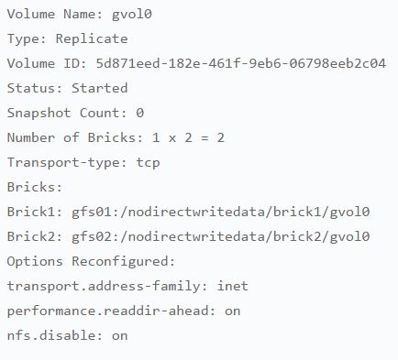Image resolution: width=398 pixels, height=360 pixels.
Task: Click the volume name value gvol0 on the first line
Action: pyautogui.click(x=132, y=15)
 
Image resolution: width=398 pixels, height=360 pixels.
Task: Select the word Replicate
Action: pyautogui.click(x=92, y=38)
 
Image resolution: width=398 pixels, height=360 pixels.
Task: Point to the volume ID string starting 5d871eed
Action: pyautogui.click(x=241, y=63)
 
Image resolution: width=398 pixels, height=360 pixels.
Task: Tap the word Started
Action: pyautogui.click(x=100, y=88)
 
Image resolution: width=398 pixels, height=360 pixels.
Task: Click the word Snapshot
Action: pyautogui.click(x=39, y=113)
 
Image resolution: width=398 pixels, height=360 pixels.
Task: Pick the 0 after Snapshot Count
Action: pyautogui.click(x=140, y=113)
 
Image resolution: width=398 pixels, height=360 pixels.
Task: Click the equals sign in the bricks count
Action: pyautogui.click(x=205, y=138)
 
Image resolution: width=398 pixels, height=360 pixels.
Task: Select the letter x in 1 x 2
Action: pyautogui.click(x=172, y=138)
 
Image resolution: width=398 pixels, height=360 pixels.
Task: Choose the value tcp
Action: pyautogui.click(x=148, y=163)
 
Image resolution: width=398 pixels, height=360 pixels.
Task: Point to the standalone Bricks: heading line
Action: pyautogui.click(x=35, y=187)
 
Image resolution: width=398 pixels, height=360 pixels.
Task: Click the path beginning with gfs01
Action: pyautogui.click(x=221, y=212)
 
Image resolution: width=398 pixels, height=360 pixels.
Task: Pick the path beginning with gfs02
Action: pyautogui.click(x=221, y=236)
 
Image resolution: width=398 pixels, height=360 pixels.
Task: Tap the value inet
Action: pyautogui.click(x=233, y=286)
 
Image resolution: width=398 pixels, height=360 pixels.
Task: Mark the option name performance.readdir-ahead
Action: pyautogui.click(x=111, y=311)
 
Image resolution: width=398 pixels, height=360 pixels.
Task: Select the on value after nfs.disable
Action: pyautogui.click(x=120, y=336)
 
